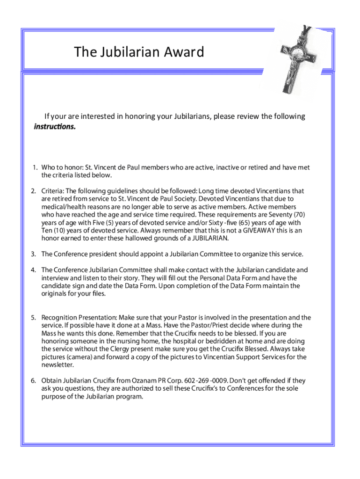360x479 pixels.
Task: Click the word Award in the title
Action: pyautogui.click(x=183, y=52)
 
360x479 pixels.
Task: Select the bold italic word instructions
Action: pyautogui.click(x=54, y=127)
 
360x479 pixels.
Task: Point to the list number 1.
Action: pyautogui.click(x=35, y=167)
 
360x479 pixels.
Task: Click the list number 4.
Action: pyautogui.click(x=34, y=270)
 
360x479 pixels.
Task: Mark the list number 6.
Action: pyautogui.click(x=34, y=381)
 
